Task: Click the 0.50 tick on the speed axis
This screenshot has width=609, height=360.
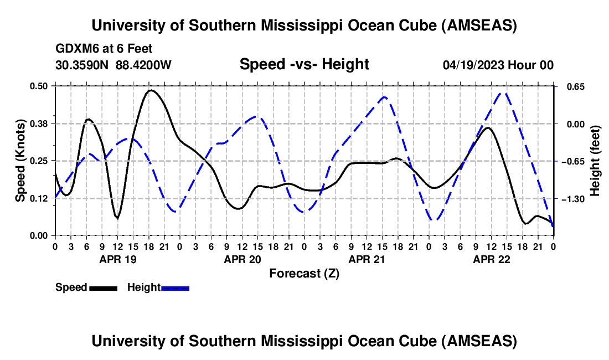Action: [x=38, y=86]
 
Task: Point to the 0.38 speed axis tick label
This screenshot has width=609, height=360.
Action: [x=38, y=124]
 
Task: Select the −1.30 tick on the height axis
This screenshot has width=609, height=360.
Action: [x=573, y=199]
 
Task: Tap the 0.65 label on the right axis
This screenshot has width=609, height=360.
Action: [x=576, y=86]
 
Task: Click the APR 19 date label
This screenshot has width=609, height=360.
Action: [x=118, y=259]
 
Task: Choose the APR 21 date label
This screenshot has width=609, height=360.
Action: [x=367, y=259]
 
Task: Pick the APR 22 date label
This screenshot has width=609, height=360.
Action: [x=491, y=259]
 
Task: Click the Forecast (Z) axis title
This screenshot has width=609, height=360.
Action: [x=304, y=274]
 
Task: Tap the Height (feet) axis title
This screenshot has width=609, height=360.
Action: [x=595, y=161]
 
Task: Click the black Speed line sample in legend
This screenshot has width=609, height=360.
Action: [x=104, y=288]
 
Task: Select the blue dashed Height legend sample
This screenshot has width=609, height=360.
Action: [x=175, y=288]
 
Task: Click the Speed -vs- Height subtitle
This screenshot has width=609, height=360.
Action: [x=304, y=64]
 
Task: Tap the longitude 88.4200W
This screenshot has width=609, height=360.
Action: [x=143, y=65]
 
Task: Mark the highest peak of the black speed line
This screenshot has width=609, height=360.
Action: [x=150, y=90]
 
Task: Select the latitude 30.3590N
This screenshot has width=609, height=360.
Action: [x=82, y=65]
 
